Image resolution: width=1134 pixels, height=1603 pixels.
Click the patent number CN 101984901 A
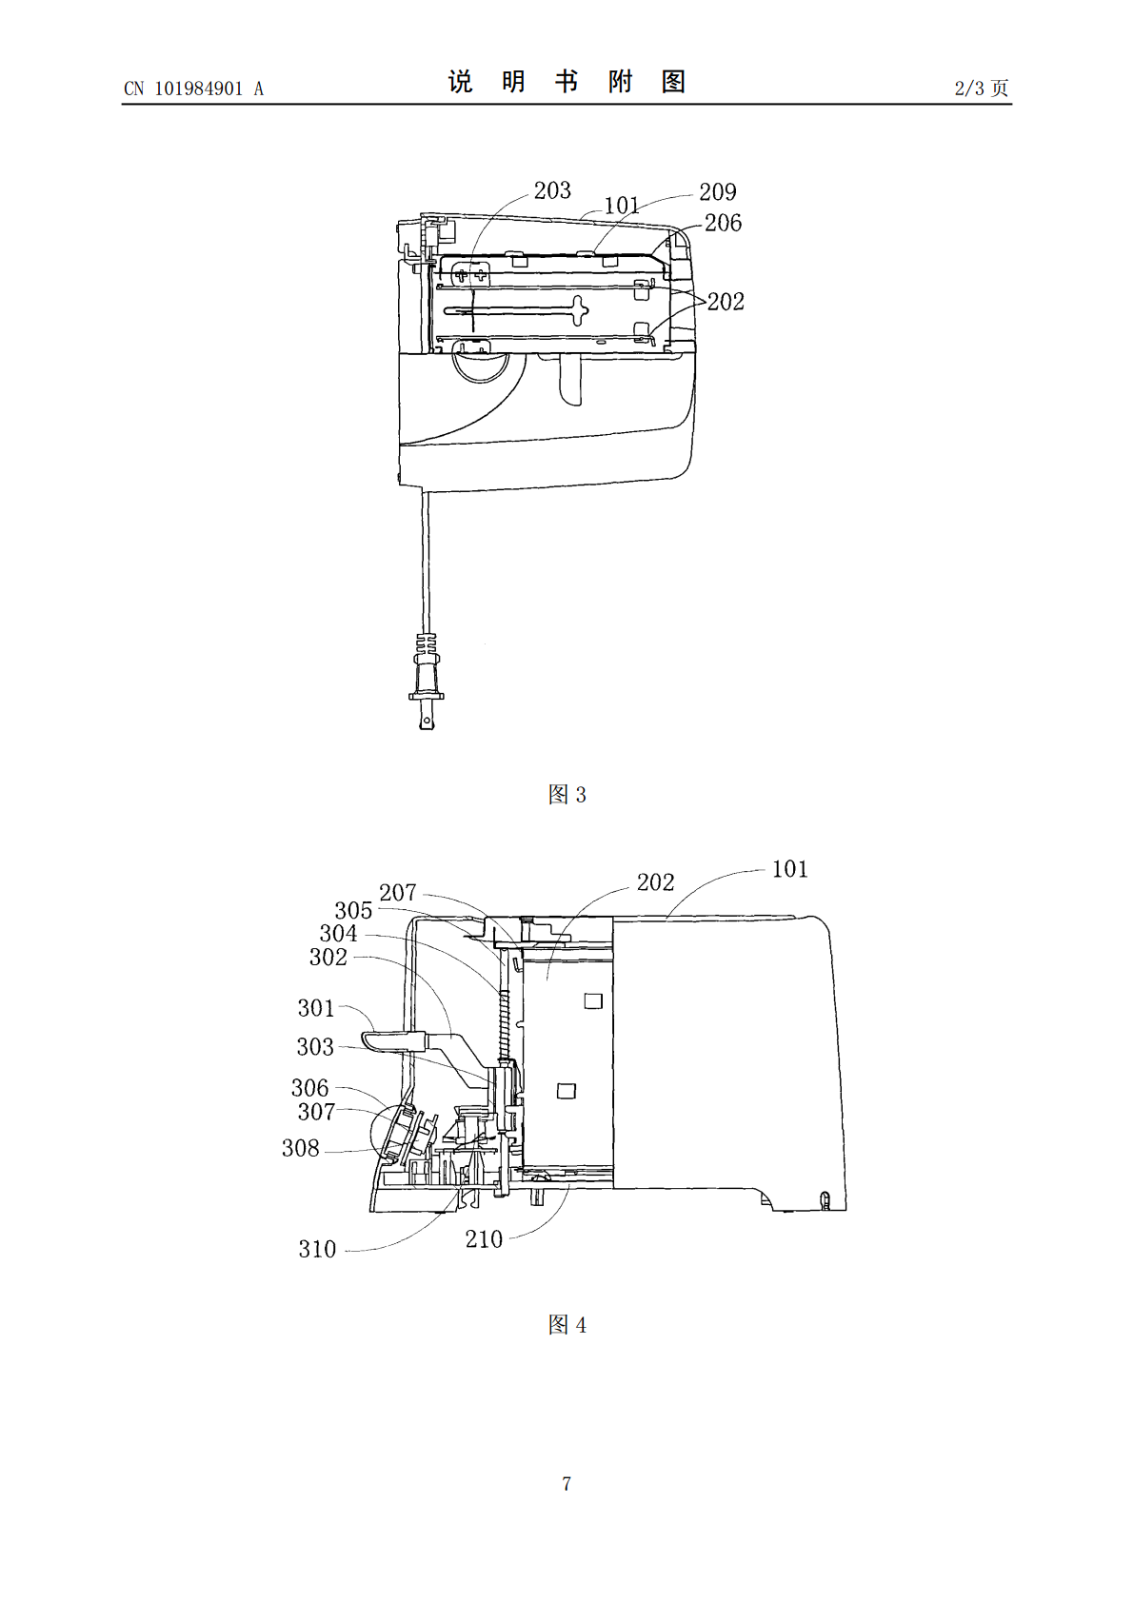193,89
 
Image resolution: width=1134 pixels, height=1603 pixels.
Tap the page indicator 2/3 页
982,88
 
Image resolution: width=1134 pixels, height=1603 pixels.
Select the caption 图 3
567,794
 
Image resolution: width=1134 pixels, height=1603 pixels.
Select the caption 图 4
567,1325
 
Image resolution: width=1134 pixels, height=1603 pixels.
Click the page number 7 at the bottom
567,1483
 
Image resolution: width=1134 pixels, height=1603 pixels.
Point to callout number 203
552,190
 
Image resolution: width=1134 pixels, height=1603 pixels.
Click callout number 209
717,191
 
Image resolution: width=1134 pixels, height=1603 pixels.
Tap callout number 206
723,224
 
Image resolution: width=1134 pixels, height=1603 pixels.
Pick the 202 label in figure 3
726,302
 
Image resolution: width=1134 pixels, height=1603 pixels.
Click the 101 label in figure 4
789,869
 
